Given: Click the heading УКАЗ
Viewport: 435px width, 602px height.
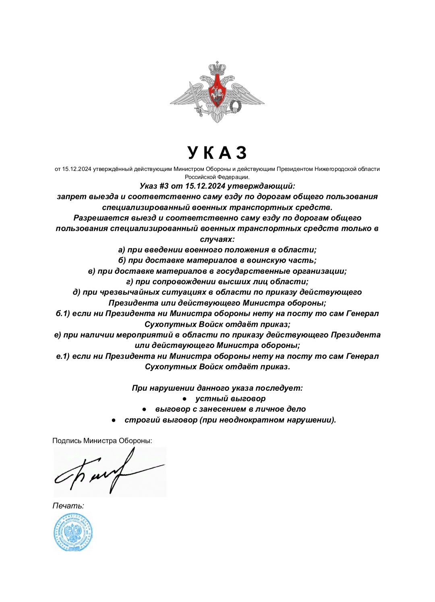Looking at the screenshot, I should (217, 153).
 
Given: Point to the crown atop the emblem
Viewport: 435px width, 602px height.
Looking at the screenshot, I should (217, 67).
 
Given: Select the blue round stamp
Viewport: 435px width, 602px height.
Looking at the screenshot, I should (73, 532).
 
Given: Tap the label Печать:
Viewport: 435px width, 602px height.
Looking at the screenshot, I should (68, 506).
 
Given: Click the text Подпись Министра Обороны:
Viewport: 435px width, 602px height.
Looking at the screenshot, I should (102, 441).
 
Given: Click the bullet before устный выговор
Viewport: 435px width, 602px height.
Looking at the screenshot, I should (184, 399).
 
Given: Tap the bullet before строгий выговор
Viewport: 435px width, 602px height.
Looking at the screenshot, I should (114, 420).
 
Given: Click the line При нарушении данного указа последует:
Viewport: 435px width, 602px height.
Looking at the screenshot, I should (217, 388).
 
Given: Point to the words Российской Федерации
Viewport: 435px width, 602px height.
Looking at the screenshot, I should (217, 177).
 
